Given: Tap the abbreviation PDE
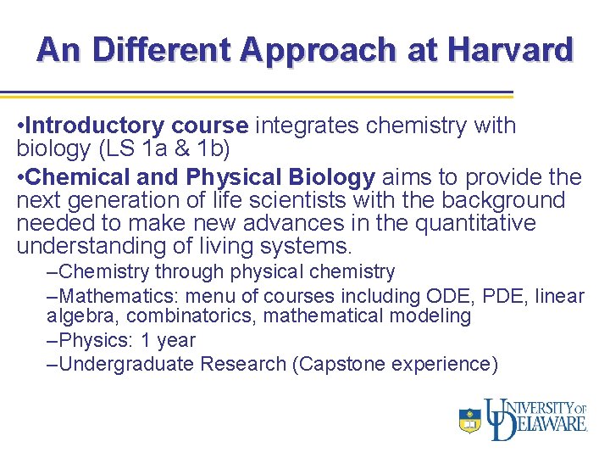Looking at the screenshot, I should [x=524, y=296].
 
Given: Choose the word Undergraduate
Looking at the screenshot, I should [x=127, y=365].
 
